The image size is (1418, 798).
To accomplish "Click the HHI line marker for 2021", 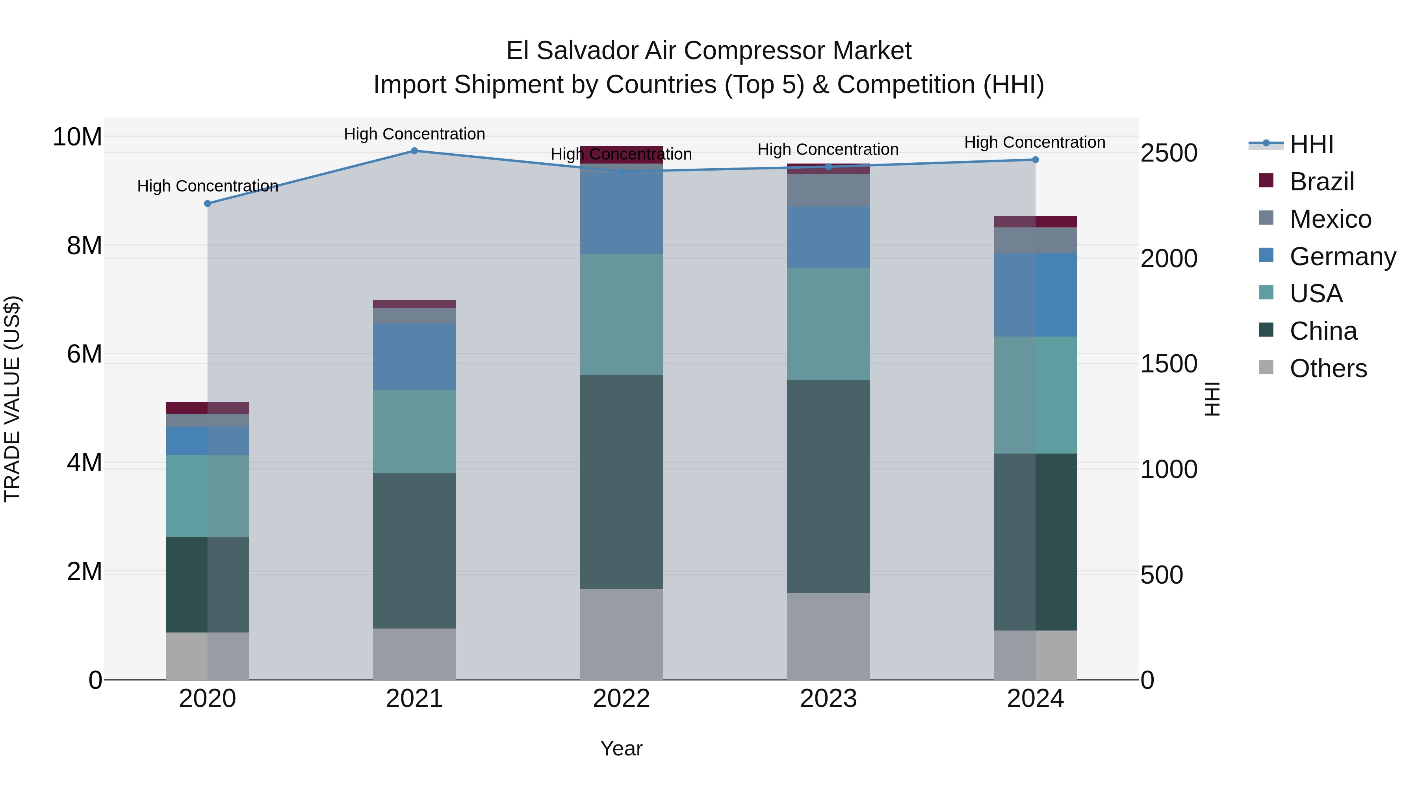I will pyautogui.click(x=414, y=151).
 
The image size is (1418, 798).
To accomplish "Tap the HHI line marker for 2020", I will pyautogui.click(x=208, y=204).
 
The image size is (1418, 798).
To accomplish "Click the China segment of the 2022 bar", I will pyautogui.click(x=622, y=482).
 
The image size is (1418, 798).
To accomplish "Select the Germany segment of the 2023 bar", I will pyautogui.click(x=828, y=237).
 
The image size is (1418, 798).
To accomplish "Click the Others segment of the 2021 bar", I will pyautogui.click(x=414, y=654).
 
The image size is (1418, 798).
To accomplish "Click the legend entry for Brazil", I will pyautogui.click(x=1321, y=182).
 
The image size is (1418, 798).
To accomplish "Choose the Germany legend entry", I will pyautogui.click(x=1342, y=257).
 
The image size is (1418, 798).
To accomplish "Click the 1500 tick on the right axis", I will pyautogui.click(x=1169, y=364).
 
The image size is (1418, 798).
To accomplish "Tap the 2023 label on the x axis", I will pyautogui.click(x=828, y=699).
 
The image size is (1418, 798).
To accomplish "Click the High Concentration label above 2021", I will pyautogui.click(x=414, y=134).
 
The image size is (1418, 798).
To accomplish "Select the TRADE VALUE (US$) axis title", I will pyautogui.click(x=12, y=399).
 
